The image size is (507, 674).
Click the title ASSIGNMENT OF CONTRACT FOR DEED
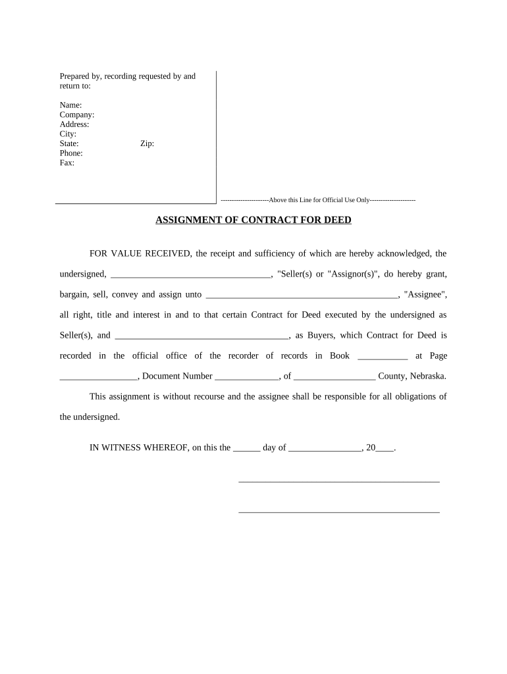pos(254,220)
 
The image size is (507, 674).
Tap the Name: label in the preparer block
pos(70,105)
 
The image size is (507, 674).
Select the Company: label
pos(77,115)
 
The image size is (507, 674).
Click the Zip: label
pos(147,144)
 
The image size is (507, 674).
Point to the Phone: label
pos(71,153)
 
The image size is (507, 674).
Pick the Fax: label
pos(67,163)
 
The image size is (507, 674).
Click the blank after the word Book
pos(383,357)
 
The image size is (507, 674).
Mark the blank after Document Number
pos(247,377)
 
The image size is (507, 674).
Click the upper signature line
pos(338,481)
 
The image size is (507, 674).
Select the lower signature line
pos(338,511)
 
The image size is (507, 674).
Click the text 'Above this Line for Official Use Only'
pos(319,199)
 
